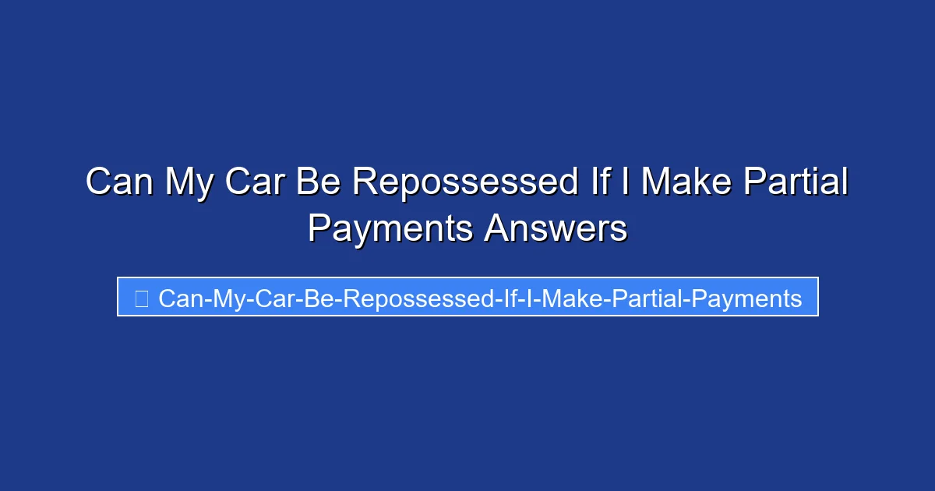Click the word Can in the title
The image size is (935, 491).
[119, 181]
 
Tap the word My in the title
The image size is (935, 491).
[189, 184]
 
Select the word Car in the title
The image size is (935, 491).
[255, 181]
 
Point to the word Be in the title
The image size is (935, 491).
[319, 181]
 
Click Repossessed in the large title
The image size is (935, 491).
[465, 184]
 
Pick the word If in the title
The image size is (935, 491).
[600, 181]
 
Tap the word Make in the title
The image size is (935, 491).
[686, 181]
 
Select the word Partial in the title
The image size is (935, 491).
[796, 181]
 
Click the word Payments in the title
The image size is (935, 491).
[390, 231]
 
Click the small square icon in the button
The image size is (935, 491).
[142, 298]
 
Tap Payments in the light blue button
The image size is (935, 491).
[746, 301]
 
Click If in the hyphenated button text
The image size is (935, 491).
[510, 298]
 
